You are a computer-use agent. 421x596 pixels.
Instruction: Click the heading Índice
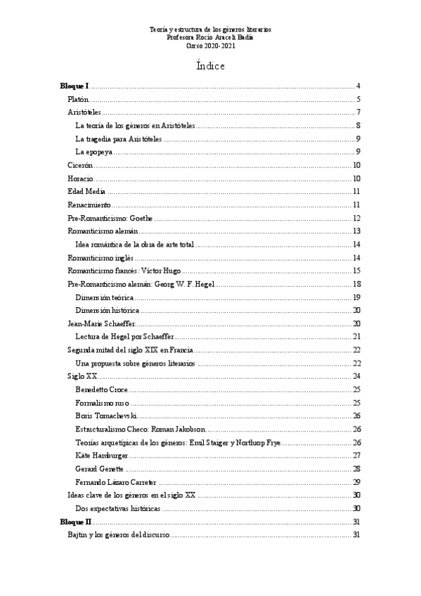click(x=211, y=66)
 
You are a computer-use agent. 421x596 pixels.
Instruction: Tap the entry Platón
click(x=77, y=99)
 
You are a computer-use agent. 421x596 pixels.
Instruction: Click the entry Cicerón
click(x=80, y=165)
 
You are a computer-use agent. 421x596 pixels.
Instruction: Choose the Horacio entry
click(x=80, y=179)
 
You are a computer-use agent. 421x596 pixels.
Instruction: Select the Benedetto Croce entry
click(x=101, y=389)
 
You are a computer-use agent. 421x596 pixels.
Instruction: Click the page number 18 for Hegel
click(x=356, y=284)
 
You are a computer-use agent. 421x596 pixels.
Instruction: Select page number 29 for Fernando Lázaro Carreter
click(x=356, y=482)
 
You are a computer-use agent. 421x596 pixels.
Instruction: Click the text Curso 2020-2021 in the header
click(x=211, y=45)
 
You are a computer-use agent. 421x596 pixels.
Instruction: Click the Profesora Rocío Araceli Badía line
click(x=211, y=37)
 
